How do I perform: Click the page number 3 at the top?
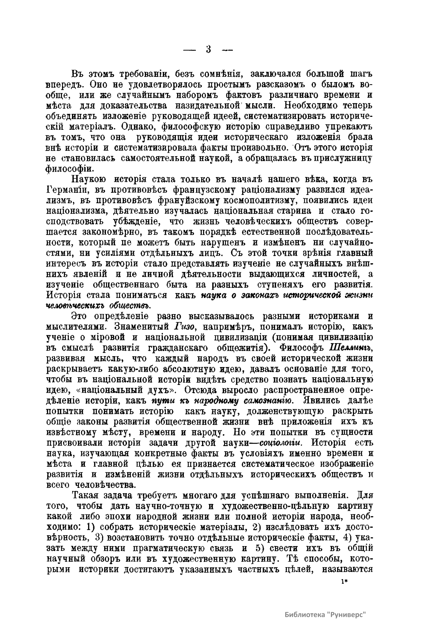coord(208,49)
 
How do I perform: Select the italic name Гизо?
coord(184,326)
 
